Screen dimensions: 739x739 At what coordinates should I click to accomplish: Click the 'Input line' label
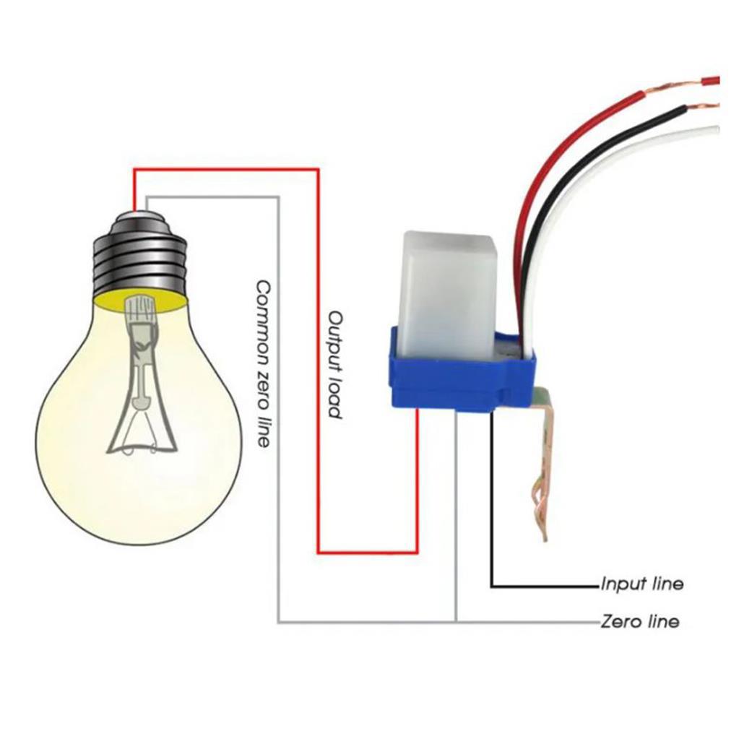[642, 584]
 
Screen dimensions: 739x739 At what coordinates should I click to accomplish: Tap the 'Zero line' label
[640, 622]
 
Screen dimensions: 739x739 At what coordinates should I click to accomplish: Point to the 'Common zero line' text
[263, 364]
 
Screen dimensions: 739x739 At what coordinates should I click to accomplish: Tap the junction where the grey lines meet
[457, 623]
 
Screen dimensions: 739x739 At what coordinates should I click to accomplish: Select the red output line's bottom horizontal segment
[368, 552]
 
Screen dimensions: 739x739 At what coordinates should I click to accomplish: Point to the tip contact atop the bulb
[140, 215]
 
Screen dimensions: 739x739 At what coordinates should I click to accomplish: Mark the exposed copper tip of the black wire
[702, 108]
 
